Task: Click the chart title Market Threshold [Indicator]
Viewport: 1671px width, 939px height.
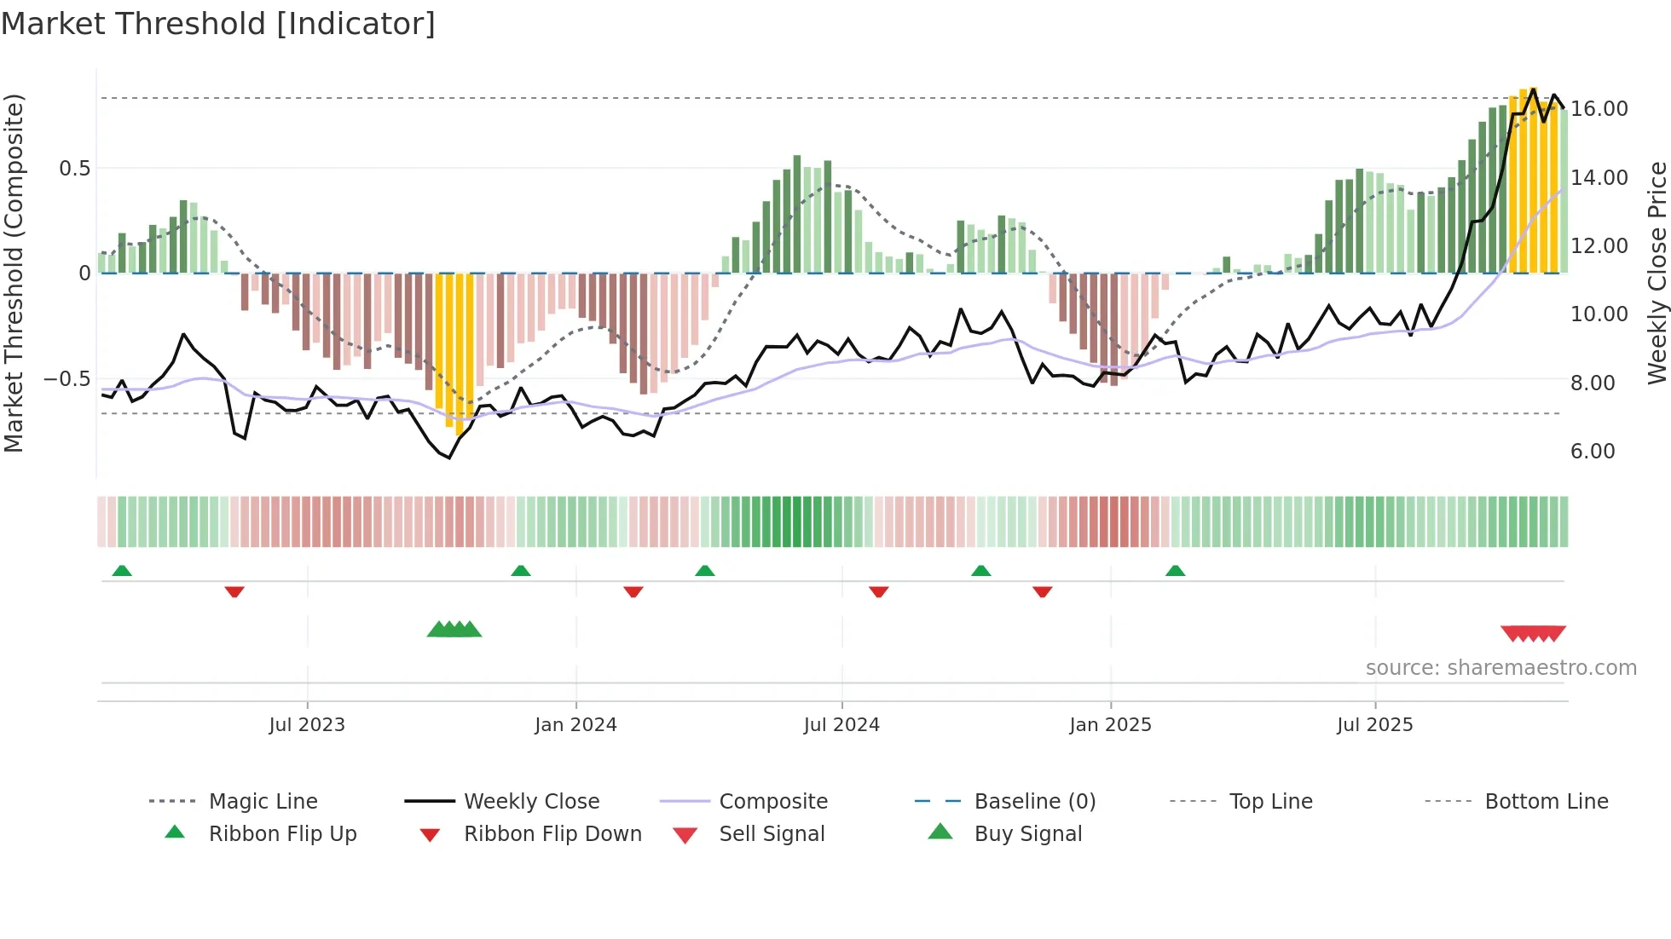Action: click(218, 24)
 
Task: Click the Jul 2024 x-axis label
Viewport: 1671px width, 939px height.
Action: click(841, 724)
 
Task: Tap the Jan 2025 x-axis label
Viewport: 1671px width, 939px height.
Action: click(1110, 724)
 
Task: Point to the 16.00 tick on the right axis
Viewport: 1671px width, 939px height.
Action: click(1599, 108)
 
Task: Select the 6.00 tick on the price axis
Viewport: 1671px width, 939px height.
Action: click(1593, 451)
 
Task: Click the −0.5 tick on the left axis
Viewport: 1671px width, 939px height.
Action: click(67, 378)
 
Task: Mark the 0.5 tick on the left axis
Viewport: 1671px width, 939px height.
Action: click(74, 168)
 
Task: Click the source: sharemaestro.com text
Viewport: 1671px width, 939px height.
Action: click(1500, 667)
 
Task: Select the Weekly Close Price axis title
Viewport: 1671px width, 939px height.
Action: click(1657, 273)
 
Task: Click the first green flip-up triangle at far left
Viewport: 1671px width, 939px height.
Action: click(122, 570)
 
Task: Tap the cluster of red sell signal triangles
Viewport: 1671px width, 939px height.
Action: click(1533, 633)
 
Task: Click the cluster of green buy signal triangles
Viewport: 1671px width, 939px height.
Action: click(454, 630)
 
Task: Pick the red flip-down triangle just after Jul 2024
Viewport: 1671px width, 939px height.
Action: click(879, 591)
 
